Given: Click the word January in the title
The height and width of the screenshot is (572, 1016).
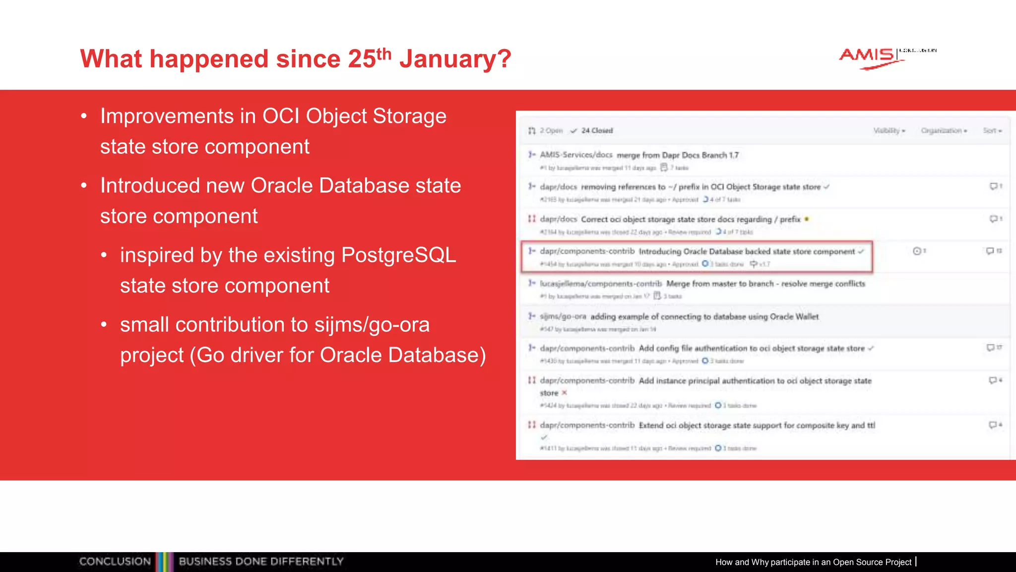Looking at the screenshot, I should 455,59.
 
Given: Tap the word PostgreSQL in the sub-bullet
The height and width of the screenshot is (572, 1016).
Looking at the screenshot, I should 398,255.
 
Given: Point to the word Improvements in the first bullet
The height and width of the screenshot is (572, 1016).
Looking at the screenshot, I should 167,116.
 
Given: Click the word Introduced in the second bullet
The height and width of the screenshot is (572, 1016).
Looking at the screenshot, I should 149,186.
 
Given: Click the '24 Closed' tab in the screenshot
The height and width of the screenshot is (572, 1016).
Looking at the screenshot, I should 597,131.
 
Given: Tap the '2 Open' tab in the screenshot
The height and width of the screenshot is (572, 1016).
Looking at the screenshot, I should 551,131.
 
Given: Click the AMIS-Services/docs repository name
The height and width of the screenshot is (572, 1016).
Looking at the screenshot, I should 576,155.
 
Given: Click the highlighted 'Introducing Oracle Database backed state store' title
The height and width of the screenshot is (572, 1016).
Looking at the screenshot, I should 746,251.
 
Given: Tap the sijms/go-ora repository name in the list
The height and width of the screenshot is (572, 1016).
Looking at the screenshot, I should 563,316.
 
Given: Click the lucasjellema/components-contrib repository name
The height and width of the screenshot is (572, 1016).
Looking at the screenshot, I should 601,284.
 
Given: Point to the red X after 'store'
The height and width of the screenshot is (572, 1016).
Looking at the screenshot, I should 564,393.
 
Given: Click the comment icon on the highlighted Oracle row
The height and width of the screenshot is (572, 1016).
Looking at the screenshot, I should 990,251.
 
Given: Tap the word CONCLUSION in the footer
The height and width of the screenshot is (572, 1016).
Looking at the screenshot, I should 115,562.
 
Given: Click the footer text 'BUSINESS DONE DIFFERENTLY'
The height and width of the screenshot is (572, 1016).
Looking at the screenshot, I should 261,562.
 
